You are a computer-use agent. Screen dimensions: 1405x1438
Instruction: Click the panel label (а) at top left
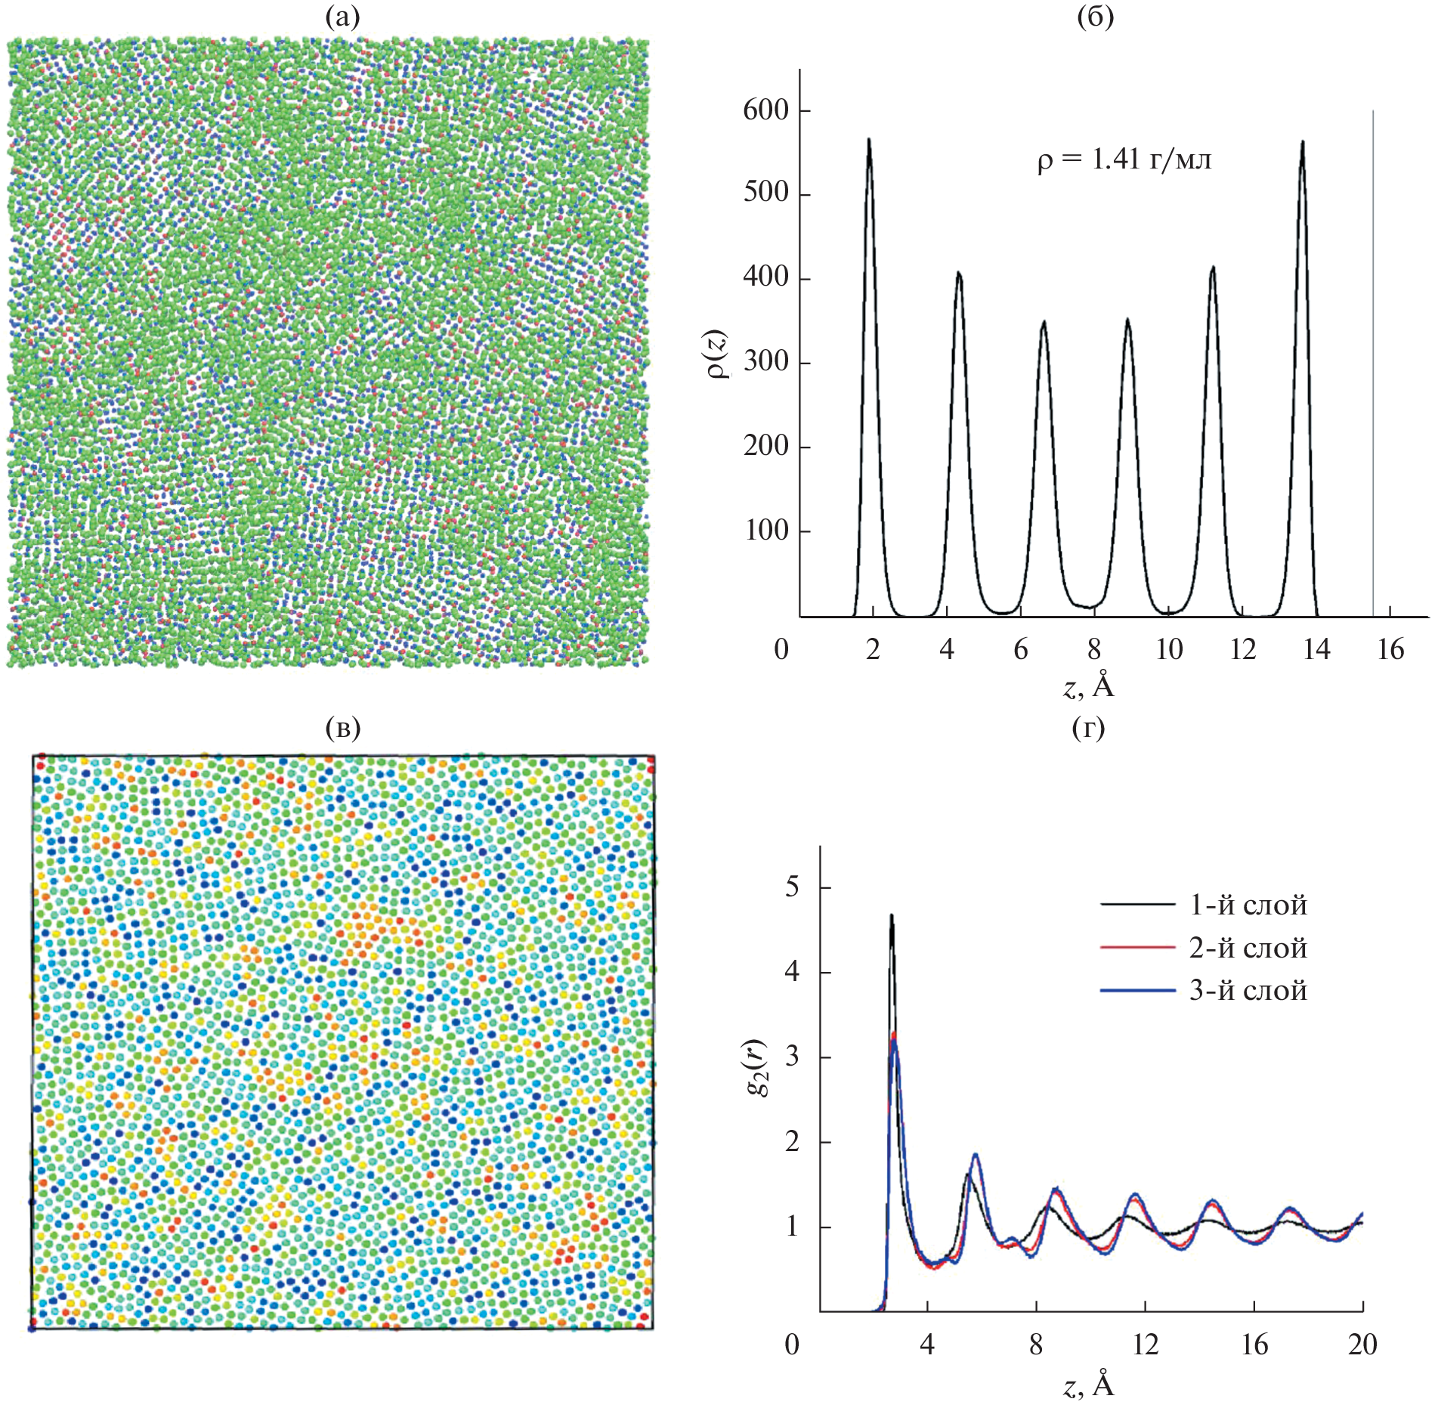(342, 17)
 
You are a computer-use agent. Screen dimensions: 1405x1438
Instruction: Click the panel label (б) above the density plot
(1095, 17)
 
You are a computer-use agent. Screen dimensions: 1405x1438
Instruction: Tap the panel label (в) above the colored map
(342, 728)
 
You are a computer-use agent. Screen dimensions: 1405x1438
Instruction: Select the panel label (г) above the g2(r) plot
(1088, 728)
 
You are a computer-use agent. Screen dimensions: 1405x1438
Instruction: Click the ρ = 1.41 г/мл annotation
(1124, 160)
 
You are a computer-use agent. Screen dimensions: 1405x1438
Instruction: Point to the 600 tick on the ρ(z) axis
(765, 110)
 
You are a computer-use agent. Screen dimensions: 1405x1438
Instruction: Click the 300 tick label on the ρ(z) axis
(765, 362)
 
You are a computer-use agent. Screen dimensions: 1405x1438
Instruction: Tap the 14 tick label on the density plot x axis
(1316, 649)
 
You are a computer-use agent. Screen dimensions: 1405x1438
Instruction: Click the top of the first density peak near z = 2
(869, 139)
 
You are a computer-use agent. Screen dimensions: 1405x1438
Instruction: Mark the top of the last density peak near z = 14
(1303, 141)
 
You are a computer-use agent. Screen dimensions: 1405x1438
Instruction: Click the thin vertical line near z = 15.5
(1373, 363)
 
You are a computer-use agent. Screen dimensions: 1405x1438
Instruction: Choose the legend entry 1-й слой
(1248, 905)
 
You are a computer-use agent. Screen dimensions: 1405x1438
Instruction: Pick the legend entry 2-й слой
(1248, 948)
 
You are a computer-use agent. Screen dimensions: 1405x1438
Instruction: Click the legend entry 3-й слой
(1248, 990)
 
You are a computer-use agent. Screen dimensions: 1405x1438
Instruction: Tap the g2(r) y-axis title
(756, 1068)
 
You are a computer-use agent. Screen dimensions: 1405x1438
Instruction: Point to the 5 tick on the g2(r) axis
(792, 887)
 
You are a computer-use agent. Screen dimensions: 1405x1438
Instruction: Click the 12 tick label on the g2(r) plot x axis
(1145, 1345)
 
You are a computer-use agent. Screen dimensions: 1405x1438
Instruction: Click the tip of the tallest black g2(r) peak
(892, 915)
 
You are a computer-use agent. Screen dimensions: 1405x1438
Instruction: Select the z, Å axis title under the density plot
(1088, 685)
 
